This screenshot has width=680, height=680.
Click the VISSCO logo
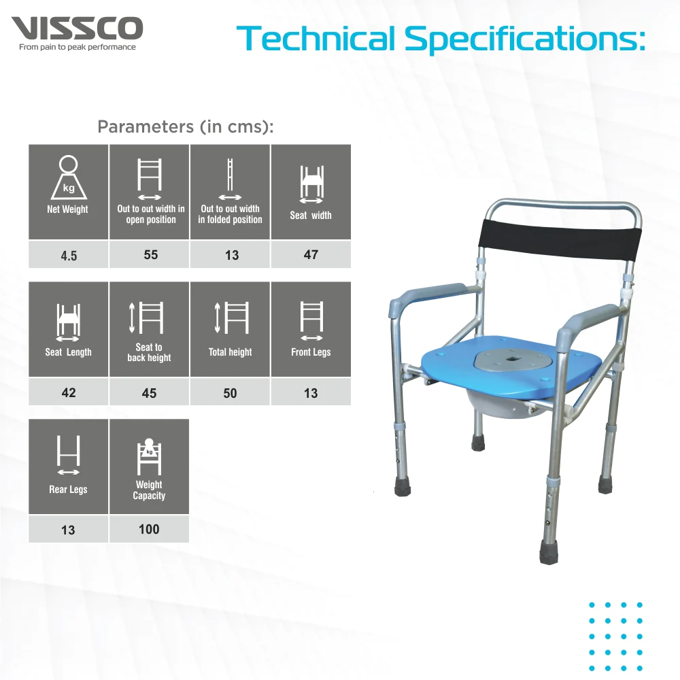coord(78,29)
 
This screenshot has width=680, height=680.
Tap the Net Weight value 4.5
coord(69,256)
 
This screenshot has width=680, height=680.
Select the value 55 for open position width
coord(150,254)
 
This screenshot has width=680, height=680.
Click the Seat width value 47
coord(311,254)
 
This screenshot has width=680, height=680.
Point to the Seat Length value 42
coord(69,393)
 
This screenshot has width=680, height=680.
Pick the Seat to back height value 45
coord(149,393)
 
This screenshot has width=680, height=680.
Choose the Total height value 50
coord(230,393)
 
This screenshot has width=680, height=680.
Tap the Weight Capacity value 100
coord(149,529)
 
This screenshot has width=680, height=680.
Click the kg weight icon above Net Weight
coord(68,177)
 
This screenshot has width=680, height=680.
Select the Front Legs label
coord(311,352)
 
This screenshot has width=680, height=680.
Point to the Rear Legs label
coord(68,490)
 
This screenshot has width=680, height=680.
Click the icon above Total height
coord(230,317)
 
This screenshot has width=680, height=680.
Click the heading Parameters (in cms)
coord(185,126)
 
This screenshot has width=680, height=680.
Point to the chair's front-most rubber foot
coord(550,551)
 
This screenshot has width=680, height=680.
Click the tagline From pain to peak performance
coord(78,48)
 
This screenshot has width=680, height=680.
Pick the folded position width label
coord(230,214)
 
